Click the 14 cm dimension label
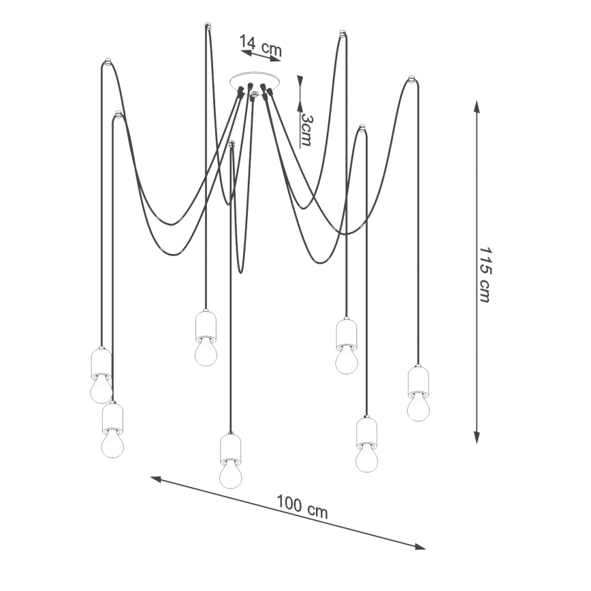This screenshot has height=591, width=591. [261, 45]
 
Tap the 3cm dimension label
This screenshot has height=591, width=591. [307, 130]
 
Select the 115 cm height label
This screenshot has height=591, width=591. [485, 275]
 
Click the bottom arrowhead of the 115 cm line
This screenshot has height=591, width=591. [477, 437]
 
